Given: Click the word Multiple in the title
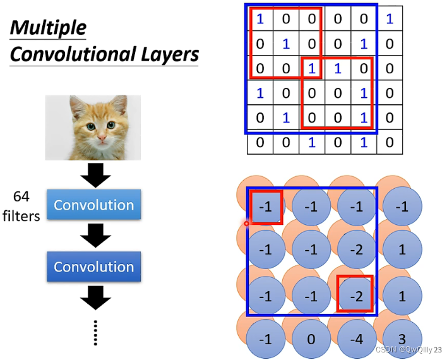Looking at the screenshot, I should pyautogui.click(x=48, y=28).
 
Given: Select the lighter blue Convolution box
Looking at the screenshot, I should pyautogui.click(x=93, y=205).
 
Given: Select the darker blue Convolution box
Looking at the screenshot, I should pyautogui.click(x=93, y=267).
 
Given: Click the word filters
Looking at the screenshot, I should pyautogui.click(x=21, y=216).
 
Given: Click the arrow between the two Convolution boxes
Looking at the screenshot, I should pyautogui.click(x=94, y=236).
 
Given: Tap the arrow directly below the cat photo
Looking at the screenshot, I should pyautogui.click(x=94, y=174).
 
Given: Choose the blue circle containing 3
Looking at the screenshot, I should pyautogui.click(x=402, y=338).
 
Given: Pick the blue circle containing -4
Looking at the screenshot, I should pyautogui.click(x=357, y=339).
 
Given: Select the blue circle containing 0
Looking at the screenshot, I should pyautogui.click(x=311, y=339).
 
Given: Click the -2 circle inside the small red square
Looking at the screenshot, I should pyautogui.click(x=355, y=294).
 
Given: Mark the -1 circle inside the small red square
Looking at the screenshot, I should pyautogui.click(x=266, y=207).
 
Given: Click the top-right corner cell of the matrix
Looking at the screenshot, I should pyautogui.click(x=389, y=19).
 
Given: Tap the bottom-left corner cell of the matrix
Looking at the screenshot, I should pyautogui.click(x=260, y=142).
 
